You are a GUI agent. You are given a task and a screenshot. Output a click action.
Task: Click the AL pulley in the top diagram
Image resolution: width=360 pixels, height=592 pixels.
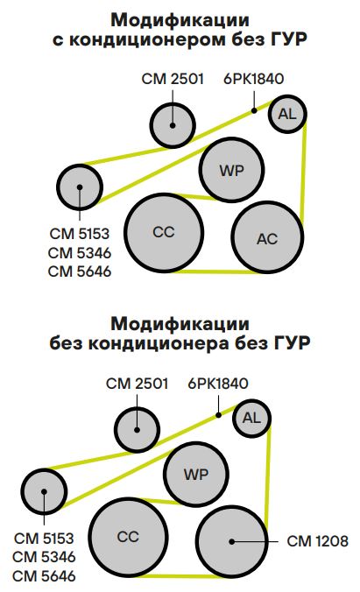pyautogui.click(x=287, y=114)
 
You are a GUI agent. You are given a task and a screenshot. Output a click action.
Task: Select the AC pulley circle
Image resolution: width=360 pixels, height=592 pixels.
pyautogui.click(x=267, y=237)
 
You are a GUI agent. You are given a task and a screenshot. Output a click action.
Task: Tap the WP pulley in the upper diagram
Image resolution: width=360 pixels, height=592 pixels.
pyautogui.click(x=231, y=170)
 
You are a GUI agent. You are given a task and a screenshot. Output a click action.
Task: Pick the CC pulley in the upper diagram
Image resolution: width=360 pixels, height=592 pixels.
pyautogui.click(x=164, y=233)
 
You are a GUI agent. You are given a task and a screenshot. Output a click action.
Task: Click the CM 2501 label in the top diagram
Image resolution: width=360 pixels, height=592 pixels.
pyautogui.click(x=173, y=79)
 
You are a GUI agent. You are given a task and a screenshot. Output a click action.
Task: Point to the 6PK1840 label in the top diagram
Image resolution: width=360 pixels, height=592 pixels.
pyautogui.click(x=253, y=79)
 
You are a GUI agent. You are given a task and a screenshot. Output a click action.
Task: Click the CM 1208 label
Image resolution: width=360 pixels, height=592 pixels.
pyautogui.click(x=317, y=541)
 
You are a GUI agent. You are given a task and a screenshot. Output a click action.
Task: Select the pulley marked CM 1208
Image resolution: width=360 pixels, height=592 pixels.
pyautogui.click(x=232, y=541)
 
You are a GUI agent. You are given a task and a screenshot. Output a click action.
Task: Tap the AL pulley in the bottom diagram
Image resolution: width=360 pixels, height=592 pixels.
pyautogui.click(x=251, y=418)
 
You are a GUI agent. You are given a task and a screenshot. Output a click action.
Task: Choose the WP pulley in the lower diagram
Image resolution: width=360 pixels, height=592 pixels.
pyautogui.click(x=196, y=474)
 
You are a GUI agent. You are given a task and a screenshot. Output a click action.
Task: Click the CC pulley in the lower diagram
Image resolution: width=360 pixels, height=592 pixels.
pyautogui.click(x=129, y=537)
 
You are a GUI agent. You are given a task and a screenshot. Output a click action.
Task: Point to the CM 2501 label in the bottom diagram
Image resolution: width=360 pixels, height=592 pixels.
pyautogui.click(x=138, y=384)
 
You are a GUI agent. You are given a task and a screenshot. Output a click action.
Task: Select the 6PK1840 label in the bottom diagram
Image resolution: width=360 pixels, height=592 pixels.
pyautogui.click(x=218, y=384)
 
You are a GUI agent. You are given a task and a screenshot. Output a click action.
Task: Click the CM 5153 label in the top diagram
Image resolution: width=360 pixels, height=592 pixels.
pyautogui.click(x=80, y=234)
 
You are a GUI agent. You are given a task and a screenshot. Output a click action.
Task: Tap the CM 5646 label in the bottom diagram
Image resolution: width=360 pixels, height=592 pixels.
pyautogui.click(x=44, y=576)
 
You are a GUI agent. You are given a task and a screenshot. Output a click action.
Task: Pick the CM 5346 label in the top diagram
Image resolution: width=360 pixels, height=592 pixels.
pyautogui.click(x=80, y=252)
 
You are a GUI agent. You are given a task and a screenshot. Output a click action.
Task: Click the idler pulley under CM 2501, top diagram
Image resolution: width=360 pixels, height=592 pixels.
pyautogui.click(x=173, y=125)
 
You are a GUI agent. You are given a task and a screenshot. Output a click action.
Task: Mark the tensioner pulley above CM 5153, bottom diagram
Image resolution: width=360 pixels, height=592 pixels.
pyautogui.click(x=44, y=491)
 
